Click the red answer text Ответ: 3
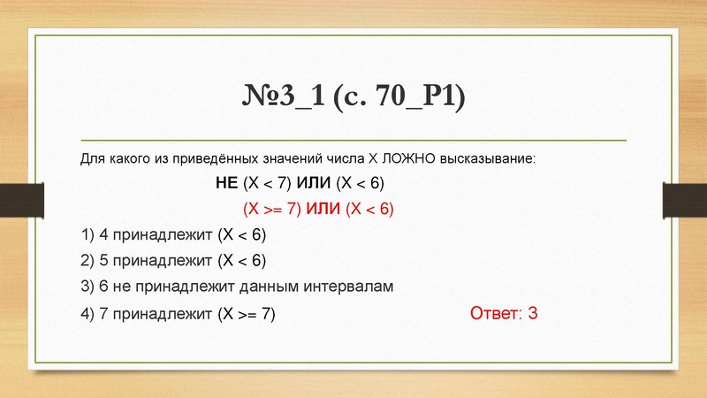504,313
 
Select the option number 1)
87,235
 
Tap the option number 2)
87,261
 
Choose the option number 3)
87,287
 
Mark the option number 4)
87,314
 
